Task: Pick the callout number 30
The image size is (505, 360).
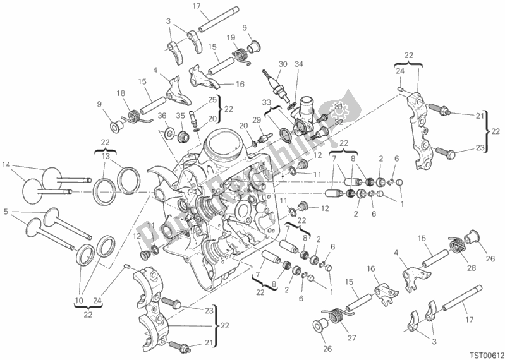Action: [283, 64]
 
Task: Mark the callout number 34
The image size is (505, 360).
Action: [299, 64]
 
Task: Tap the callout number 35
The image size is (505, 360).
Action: [179, 116]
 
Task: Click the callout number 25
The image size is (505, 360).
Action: [212, 100]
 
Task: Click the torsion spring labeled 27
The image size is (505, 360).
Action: [334, 313]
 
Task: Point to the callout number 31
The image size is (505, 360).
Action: [338, 105]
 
